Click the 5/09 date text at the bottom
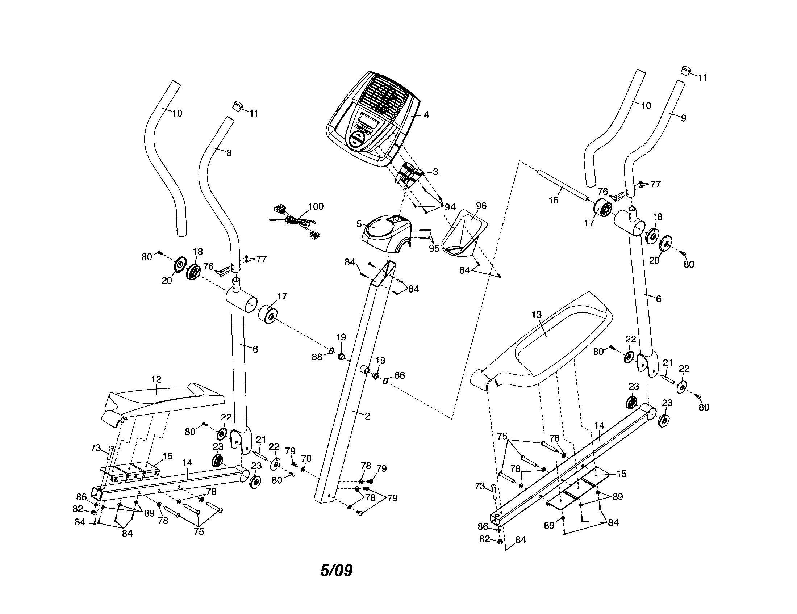(336, 571)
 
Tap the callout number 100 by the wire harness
(316, 206)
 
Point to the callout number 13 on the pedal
(537, 315)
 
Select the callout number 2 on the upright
(367, 416)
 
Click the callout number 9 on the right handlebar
(683, 118)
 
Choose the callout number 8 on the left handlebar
(229, 153)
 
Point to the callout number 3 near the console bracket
(435, 172)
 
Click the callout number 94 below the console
(450, 207)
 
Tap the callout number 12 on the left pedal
(156, 379)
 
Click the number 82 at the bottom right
(484, 539)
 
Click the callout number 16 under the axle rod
(554, 200)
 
